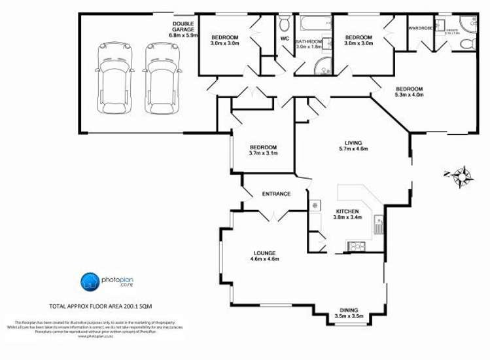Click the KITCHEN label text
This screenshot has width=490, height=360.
click(347, 211)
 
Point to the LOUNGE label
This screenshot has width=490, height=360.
click(265, 253)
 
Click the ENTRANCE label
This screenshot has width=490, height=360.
click(276, 194)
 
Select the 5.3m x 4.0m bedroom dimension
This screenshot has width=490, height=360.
click(409, 95)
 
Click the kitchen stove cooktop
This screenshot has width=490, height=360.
click(357, 247)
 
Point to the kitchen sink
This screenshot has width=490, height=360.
click(377, 226)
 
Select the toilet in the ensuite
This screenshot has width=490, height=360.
click(466, 44)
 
